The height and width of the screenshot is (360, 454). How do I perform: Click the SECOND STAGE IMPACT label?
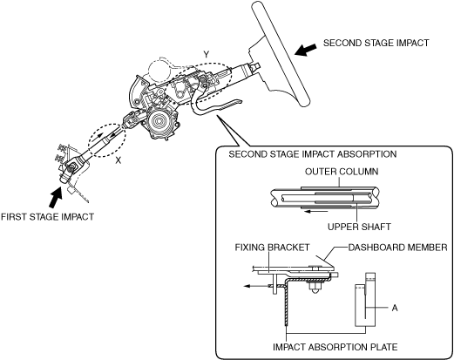click(x=376, y=43)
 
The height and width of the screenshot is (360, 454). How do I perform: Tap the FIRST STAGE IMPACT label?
click(x=47, y=217)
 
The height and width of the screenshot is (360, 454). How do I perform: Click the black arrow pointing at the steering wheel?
click(x=305, y=50)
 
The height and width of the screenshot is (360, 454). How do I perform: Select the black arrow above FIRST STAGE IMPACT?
click(x=55, y=197)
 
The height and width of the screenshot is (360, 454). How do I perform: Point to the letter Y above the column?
click(x=207, y=55)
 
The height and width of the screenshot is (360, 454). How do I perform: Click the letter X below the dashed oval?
click(x=118, y=160)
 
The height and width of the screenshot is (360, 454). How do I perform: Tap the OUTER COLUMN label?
click(x=342, y=172)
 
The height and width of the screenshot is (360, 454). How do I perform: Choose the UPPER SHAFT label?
click(x=359, y=227)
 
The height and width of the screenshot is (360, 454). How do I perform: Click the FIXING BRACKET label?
click(x=272, y=248)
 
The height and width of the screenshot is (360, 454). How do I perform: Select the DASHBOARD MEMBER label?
click(x=397, y=248)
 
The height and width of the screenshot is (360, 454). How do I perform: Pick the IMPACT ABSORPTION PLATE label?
click(x=335, y=347)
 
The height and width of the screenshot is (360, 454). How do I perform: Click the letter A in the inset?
click(x=395, y=308)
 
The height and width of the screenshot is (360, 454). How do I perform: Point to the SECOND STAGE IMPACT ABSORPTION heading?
click(x=313, y=154)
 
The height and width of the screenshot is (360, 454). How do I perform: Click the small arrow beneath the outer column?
click(x=316, y=211)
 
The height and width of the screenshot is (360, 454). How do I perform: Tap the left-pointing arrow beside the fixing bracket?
click(x=258, y=286)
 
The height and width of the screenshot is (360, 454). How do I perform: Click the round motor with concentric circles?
click(x=159, y=120)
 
